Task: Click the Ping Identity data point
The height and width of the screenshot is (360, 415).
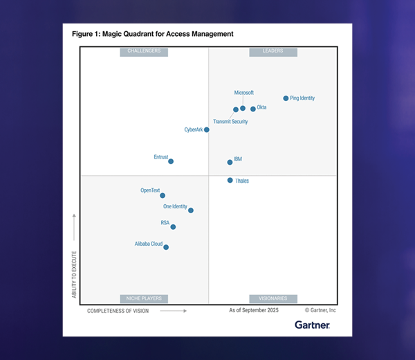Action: [286, 98]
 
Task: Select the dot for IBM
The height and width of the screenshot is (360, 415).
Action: [230, 162]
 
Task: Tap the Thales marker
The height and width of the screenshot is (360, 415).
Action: [230, 181]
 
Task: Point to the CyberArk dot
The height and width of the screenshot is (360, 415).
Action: [207, 129]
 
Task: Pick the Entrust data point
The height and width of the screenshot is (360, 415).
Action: [171, 161]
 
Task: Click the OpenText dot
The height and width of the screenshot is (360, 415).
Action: [163, 195]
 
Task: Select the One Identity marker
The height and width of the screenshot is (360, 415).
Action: [191, 210]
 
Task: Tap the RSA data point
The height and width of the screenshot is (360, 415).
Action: [173, 227]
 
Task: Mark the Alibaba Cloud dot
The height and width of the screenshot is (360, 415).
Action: [166, 247]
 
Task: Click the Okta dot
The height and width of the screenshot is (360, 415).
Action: [253, 108]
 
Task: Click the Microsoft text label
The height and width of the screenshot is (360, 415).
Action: [244, 93]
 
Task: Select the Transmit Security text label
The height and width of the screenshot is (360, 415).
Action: [230, 122]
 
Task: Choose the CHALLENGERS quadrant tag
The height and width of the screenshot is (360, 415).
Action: [144, 51]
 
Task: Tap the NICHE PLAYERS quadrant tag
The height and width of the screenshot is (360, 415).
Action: [144, 298]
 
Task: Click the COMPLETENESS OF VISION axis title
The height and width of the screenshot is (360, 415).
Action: [118, 311]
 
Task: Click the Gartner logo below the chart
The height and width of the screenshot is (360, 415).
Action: [312, 325]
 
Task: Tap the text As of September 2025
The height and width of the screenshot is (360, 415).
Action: [254, 311]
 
